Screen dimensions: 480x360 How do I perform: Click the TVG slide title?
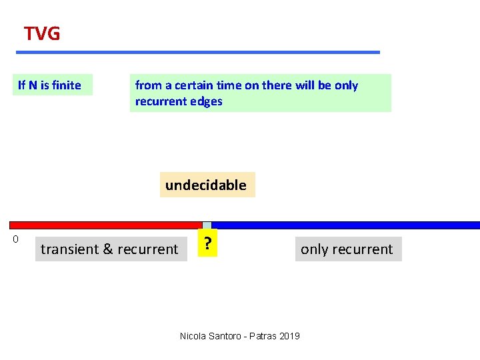(x=42, y=33)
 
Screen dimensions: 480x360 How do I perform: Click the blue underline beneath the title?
(x=198, y=52)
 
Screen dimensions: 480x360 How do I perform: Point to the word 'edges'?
(x=206, y=101)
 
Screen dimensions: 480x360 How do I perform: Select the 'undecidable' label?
(x=206, y=185)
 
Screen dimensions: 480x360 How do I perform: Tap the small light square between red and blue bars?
(x=207, y=225)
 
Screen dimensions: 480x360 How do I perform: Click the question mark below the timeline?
(x=209, y=245)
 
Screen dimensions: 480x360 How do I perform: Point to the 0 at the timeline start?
(x=15, y=239)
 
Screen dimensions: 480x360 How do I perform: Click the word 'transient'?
(x=69, y=249)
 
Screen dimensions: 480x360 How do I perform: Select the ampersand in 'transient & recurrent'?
(x=108, y=249)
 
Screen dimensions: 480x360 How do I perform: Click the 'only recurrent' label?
(x=347, y=249)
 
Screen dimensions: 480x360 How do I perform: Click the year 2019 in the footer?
(x=289, y=336)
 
